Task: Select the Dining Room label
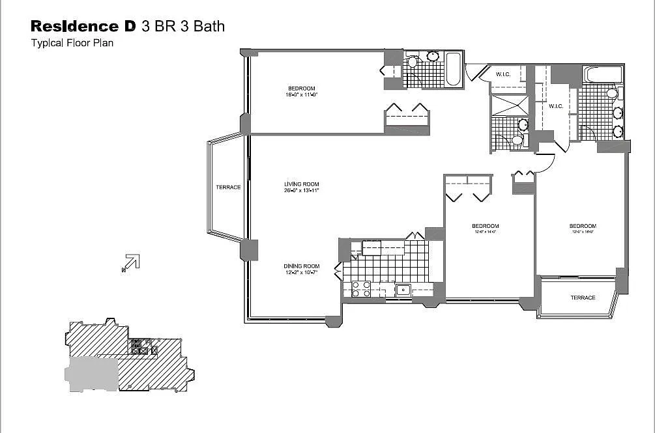[x=301, y=269]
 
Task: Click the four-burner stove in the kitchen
[x=361, y=288]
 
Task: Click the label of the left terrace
[x=228, y=188]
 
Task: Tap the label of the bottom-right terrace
[x=583, y=298]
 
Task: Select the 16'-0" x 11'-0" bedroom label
[x=302, y=91]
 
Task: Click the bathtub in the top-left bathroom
[x=454, y=70]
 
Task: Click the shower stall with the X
[x=509, y=105]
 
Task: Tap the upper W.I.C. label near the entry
[x=503, y=74]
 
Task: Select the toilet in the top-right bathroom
[x=612, y=93]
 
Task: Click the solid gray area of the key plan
[x=91, y=374]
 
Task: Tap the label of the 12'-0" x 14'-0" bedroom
[x=485, y=229]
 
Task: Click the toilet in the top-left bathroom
[x=412, y=63]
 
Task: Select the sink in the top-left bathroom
[x=432, y=57]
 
